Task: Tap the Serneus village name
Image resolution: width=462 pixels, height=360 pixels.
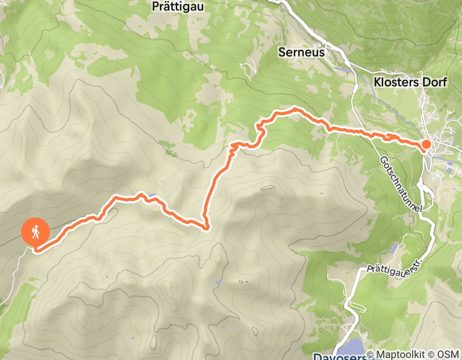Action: (301, 52)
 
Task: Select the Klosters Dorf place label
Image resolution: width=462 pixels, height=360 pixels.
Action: (410, 82)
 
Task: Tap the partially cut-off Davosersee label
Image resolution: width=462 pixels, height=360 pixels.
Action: (340, 356)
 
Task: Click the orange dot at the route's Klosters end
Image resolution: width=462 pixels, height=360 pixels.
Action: (427, 145)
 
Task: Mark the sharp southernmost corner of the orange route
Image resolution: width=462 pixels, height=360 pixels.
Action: (206, 227)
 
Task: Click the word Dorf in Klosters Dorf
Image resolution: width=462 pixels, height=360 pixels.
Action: (437, 82)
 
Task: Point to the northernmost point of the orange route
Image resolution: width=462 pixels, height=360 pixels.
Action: (295, 109)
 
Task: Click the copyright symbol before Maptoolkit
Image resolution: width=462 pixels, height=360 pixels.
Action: (378, 355)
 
